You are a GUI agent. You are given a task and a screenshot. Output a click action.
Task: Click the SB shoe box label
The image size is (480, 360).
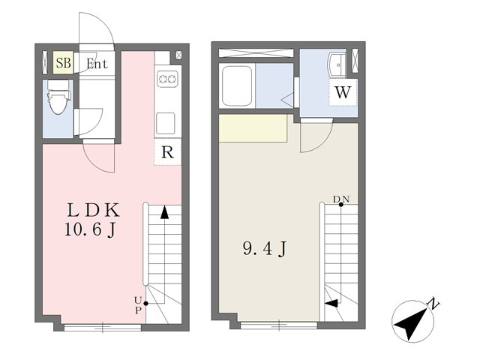point(64,63)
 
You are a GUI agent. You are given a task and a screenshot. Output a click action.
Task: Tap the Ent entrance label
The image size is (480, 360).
point(97,64)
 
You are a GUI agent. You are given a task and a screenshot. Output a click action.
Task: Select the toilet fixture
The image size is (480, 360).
point(58,97)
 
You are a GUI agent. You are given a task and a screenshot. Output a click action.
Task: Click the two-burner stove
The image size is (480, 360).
point(167,79)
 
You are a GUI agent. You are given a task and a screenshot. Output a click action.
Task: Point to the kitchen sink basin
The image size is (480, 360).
point(166,123)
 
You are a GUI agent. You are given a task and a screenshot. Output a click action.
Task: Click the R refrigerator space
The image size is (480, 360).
point(167,151)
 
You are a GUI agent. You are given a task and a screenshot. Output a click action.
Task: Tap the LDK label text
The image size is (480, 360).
point(93,210)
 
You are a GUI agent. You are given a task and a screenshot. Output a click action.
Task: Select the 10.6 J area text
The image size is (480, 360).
point(90,229)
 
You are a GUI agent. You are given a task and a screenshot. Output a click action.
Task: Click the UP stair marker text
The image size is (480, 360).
point(138,305)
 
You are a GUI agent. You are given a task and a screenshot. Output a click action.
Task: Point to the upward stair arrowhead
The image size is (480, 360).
point(164,212)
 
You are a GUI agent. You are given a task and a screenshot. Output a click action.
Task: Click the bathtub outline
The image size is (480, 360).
point(237,86)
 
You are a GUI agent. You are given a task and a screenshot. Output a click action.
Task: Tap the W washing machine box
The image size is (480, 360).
point(343,92)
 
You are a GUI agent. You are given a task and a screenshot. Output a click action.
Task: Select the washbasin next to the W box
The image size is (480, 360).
point(337,65)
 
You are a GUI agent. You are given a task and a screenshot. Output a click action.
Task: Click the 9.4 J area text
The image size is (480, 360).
point(265,248)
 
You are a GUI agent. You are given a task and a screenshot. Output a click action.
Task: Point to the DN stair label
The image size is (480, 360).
point(341,199)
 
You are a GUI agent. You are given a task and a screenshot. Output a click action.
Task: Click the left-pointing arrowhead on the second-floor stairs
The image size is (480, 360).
point(331,303)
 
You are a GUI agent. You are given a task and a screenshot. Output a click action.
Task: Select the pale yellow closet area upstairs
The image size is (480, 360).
point(253,128)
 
